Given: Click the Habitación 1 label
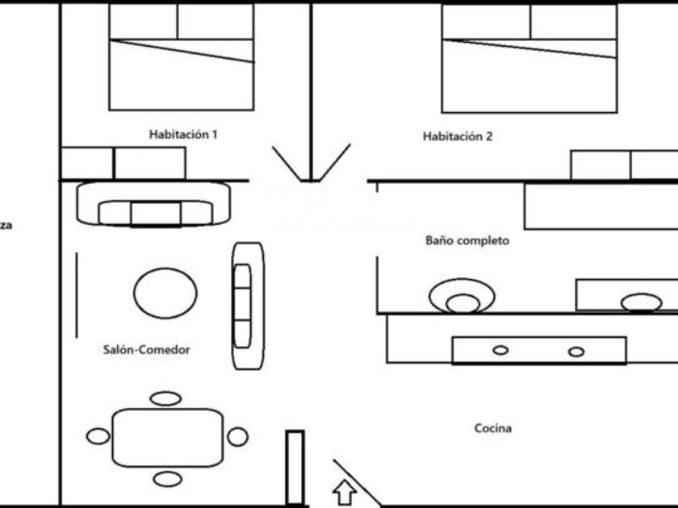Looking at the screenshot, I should coord(183,135).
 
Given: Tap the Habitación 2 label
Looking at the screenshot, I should coord(457,137).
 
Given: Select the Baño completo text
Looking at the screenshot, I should coord(467,240).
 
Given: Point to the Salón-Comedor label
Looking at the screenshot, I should coord(147,350).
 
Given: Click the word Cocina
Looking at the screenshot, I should coord(492,429).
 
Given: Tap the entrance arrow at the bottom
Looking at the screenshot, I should coord(345,491).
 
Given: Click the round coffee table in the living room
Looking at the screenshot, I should coord(165,293).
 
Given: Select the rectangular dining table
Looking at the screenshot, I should coord(168,437).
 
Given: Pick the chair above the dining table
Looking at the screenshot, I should coord(166,398).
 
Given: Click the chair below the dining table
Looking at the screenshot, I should coord(167,479).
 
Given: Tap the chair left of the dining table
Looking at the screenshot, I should coord(98,437).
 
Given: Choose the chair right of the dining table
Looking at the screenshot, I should coord(237,437).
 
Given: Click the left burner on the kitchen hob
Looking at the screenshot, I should coord(500,351).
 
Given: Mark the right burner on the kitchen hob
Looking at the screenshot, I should coord(575,352).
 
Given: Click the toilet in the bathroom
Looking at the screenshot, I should coord(462,297).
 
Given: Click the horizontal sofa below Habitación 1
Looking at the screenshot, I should coord(154,204).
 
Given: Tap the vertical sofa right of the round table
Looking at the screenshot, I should coord(248,306).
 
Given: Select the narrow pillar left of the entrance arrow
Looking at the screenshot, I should coord(295,468).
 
